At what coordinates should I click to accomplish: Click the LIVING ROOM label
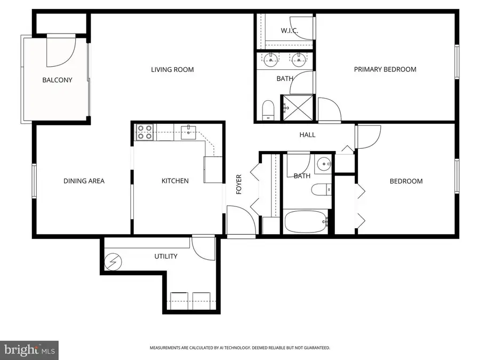click(172, 69)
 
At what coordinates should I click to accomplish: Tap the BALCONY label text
click(57, 80)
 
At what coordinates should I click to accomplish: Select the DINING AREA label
click(84, 181)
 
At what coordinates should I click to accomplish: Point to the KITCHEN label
click(175, 181)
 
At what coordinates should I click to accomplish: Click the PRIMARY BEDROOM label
click(385, 69)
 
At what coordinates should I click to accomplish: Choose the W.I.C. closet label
click(291, 30)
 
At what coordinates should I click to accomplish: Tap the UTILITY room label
click(165, 257)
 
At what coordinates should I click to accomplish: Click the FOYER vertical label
click(239, 185)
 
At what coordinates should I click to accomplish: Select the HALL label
click(307, 135)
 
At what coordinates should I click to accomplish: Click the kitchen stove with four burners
click(145, 132)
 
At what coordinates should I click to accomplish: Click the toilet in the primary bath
click(268, 109)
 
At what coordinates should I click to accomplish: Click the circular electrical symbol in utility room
click(114, 262)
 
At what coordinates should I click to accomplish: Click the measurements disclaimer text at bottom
click(239, 348)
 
